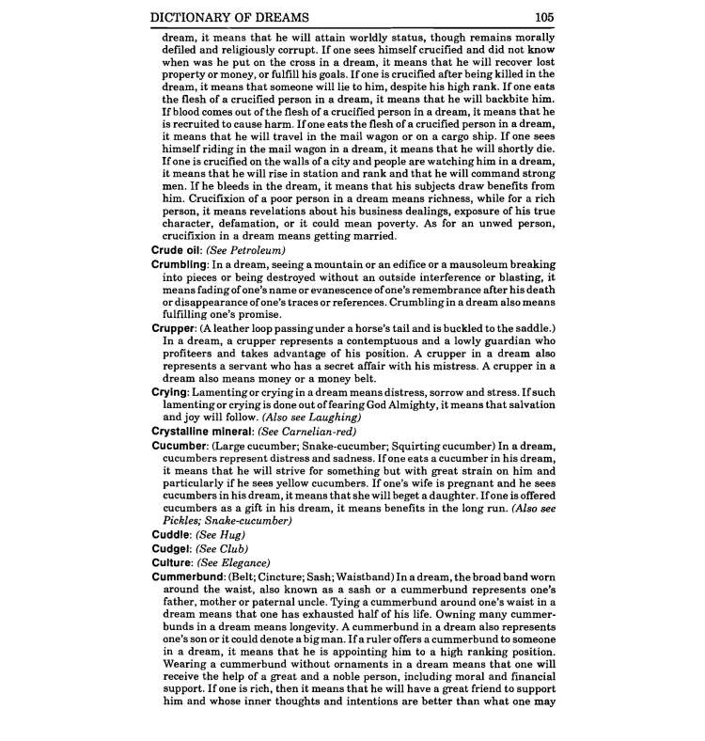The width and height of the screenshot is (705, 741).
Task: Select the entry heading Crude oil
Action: click(x=176, y=252)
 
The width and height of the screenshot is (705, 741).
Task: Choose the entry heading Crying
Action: click(x=170, y=390)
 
